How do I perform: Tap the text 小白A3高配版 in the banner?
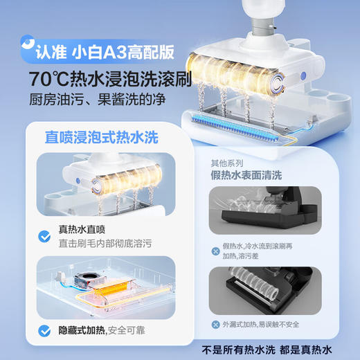pos(134,51)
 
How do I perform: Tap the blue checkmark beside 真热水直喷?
pos(45,237)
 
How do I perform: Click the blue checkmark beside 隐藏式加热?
pos(45,331)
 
